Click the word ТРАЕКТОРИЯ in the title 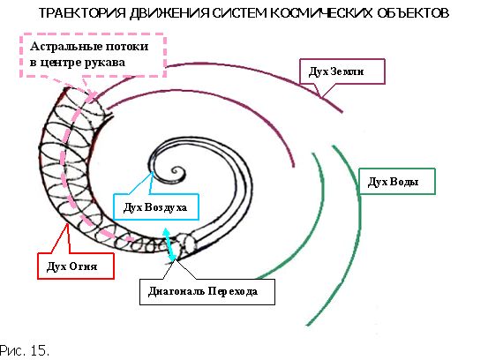(x=82, y=13)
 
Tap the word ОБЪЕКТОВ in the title (x=414, y=13)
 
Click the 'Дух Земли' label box (x=342, y=71)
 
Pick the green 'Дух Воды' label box (x=397, y=182)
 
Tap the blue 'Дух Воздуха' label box (x=156, y=207)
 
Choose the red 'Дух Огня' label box (x=76, y=266)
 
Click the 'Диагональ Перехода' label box (x=207, y=292)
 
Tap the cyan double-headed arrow (x=170, y=244)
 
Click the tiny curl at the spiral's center (x=177, y=172)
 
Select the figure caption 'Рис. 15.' (x=25, y=350)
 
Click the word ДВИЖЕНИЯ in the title (x=169, y=13)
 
